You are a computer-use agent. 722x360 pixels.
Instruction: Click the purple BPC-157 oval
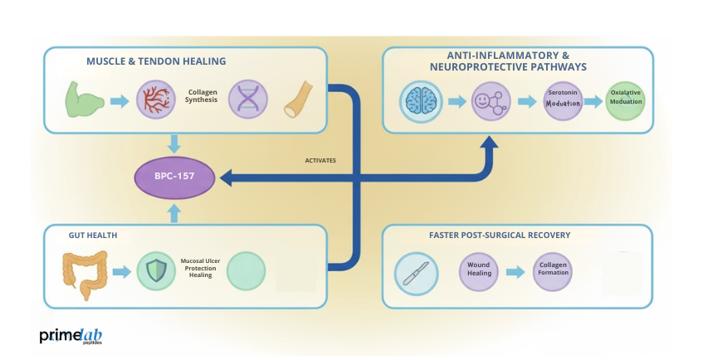coord(174,177)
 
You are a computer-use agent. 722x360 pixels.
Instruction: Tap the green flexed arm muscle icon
coord(85,100)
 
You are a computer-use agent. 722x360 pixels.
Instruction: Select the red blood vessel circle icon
coord(154,100)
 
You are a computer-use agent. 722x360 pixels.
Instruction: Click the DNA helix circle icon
coord(247,100)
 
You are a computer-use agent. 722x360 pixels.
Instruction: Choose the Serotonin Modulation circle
coord(563,101)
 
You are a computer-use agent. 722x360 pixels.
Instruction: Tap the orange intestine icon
coord(85,274)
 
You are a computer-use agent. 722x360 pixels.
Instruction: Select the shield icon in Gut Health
coord(155,271)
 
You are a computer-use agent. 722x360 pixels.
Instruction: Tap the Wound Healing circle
coord(479,272)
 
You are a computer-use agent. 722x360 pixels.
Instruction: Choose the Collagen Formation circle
coord(553,272)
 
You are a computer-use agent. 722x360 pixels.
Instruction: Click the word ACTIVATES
coord(320,160)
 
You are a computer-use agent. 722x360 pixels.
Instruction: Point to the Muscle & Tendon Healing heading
coord(156,61)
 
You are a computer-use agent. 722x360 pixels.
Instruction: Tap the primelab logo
coord(71,336)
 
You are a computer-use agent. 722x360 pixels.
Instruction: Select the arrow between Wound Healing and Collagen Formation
coord(516,272)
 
